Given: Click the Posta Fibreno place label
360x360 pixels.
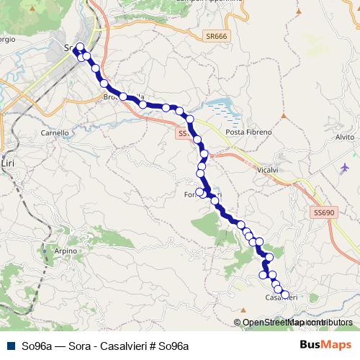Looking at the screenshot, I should (248, 133).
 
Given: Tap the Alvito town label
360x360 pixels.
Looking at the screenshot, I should (345, 137).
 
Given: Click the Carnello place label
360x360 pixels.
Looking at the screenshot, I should (55, 133).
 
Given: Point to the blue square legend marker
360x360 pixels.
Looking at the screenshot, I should (8, 345).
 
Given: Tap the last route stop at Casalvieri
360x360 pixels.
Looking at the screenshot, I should (284, 294).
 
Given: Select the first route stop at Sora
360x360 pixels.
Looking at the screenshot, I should (80, 48).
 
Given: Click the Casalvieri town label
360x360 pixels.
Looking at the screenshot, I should (282, 297).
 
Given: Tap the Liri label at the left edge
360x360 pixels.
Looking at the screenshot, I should (9, 164).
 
